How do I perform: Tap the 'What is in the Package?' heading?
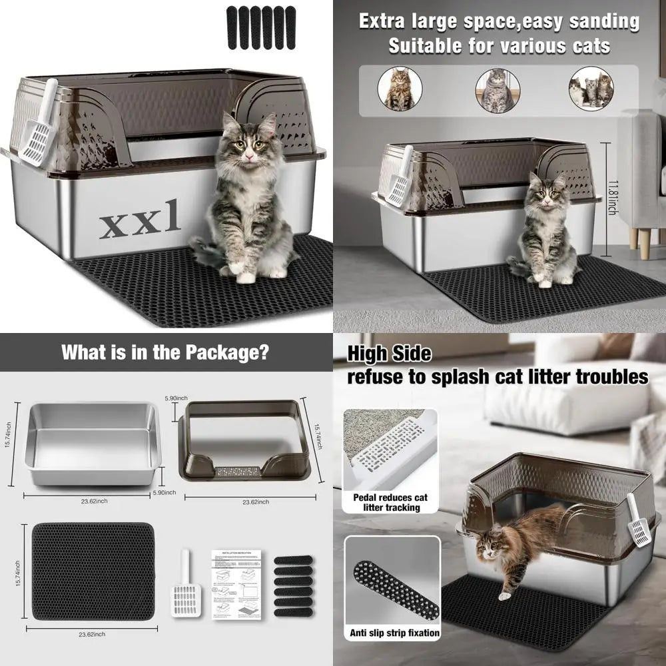(165, 352)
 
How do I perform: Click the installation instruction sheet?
(236, 584)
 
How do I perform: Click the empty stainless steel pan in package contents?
(93, 444)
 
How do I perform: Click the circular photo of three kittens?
(591, 89)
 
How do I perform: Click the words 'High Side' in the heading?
(389, 354)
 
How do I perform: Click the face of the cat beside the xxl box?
(248, 145)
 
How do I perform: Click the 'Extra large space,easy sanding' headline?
(499, 21)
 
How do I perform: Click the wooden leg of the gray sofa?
(644, 244)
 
